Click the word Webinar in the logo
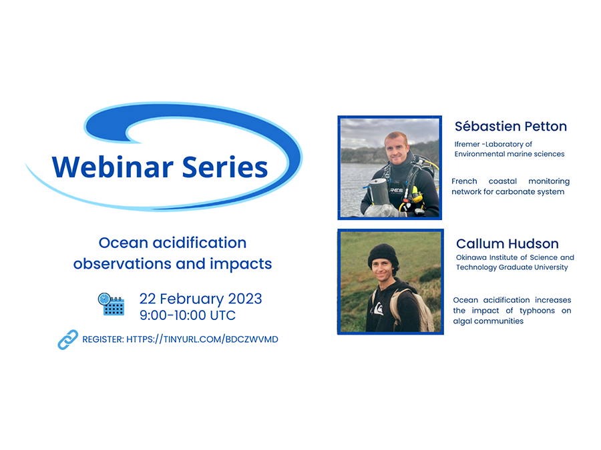pos(113,167)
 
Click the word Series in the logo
pos(225,167)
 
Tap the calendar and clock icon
pos(111,304)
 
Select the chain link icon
pos(68,339)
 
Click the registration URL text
pos(202,339)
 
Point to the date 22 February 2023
pos(200,299)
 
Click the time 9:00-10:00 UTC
pos(188,315)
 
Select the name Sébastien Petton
pos(511,126)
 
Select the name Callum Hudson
pos(507,244)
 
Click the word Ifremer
pos(467,144)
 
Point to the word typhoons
pos(537,311)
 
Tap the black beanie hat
pos(383,255)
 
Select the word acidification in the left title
pos(199,243)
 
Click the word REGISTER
pos(103,339)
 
